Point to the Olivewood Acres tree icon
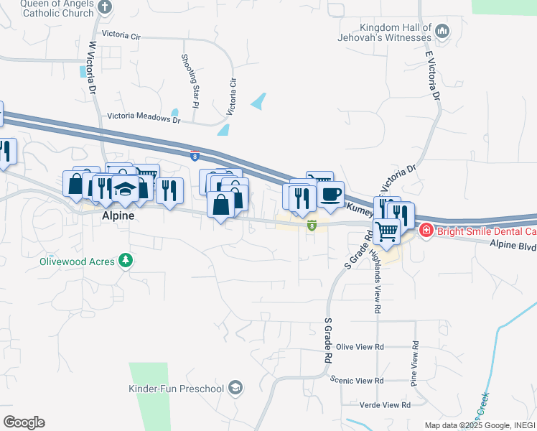[126, 260]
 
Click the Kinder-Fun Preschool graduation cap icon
[235, 389]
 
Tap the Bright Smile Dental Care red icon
[425, 231]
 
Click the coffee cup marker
[330, 195]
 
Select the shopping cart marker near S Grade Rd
[386, 231]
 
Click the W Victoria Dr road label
[93, 68]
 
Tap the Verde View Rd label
[385, 405]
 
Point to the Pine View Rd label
[414, 364]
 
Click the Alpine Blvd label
[513, 246]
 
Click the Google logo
[24, 422]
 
